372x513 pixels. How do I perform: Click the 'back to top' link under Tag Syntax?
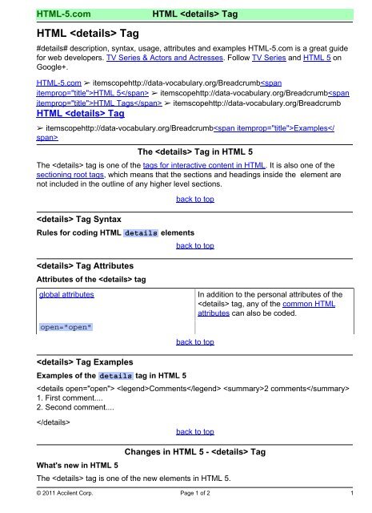coord(195,246)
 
